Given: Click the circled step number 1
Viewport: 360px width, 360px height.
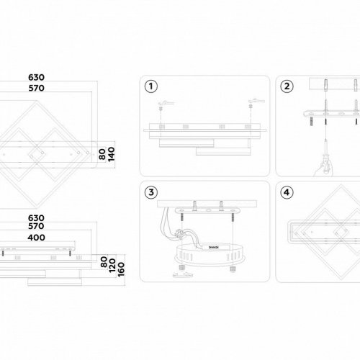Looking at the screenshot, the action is (151, 86).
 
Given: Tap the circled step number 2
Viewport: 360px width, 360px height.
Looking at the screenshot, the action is (287, 86).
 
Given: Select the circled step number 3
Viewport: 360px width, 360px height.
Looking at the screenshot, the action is (151, 192).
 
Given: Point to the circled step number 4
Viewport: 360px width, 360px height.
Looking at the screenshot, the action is (287, 192).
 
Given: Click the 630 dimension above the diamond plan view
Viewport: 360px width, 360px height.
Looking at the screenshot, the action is (36, 77).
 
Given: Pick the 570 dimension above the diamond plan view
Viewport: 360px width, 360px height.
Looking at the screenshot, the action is (36, 88).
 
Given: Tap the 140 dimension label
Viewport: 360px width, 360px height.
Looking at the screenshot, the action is (112, 154).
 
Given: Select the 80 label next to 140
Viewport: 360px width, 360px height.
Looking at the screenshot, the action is (102, 154).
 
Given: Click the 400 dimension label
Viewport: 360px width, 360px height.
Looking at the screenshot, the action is (36, 238).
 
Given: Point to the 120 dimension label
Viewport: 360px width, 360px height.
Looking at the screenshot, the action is (112, 266).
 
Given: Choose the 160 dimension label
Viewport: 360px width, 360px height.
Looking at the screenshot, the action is (121, 269).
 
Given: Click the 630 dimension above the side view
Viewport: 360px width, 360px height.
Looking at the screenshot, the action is (36, 218).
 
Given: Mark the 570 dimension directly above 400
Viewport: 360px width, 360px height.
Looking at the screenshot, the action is (36, 226).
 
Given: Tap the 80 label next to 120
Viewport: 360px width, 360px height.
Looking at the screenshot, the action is (104, 262).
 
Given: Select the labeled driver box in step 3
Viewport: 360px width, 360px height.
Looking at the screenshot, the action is (213, 247).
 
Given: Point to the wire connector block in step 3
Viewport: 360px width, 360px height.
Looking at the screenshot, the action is (179, 233).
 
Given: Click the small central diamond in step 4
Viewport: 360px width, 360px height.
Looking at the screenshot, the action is (341, 232).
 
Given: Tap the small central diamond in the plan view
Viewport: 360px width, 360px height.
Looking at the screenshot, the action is (37, 154).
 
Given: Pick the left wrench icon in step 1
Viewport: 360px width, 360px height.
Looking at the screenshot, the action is (166, 103).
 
